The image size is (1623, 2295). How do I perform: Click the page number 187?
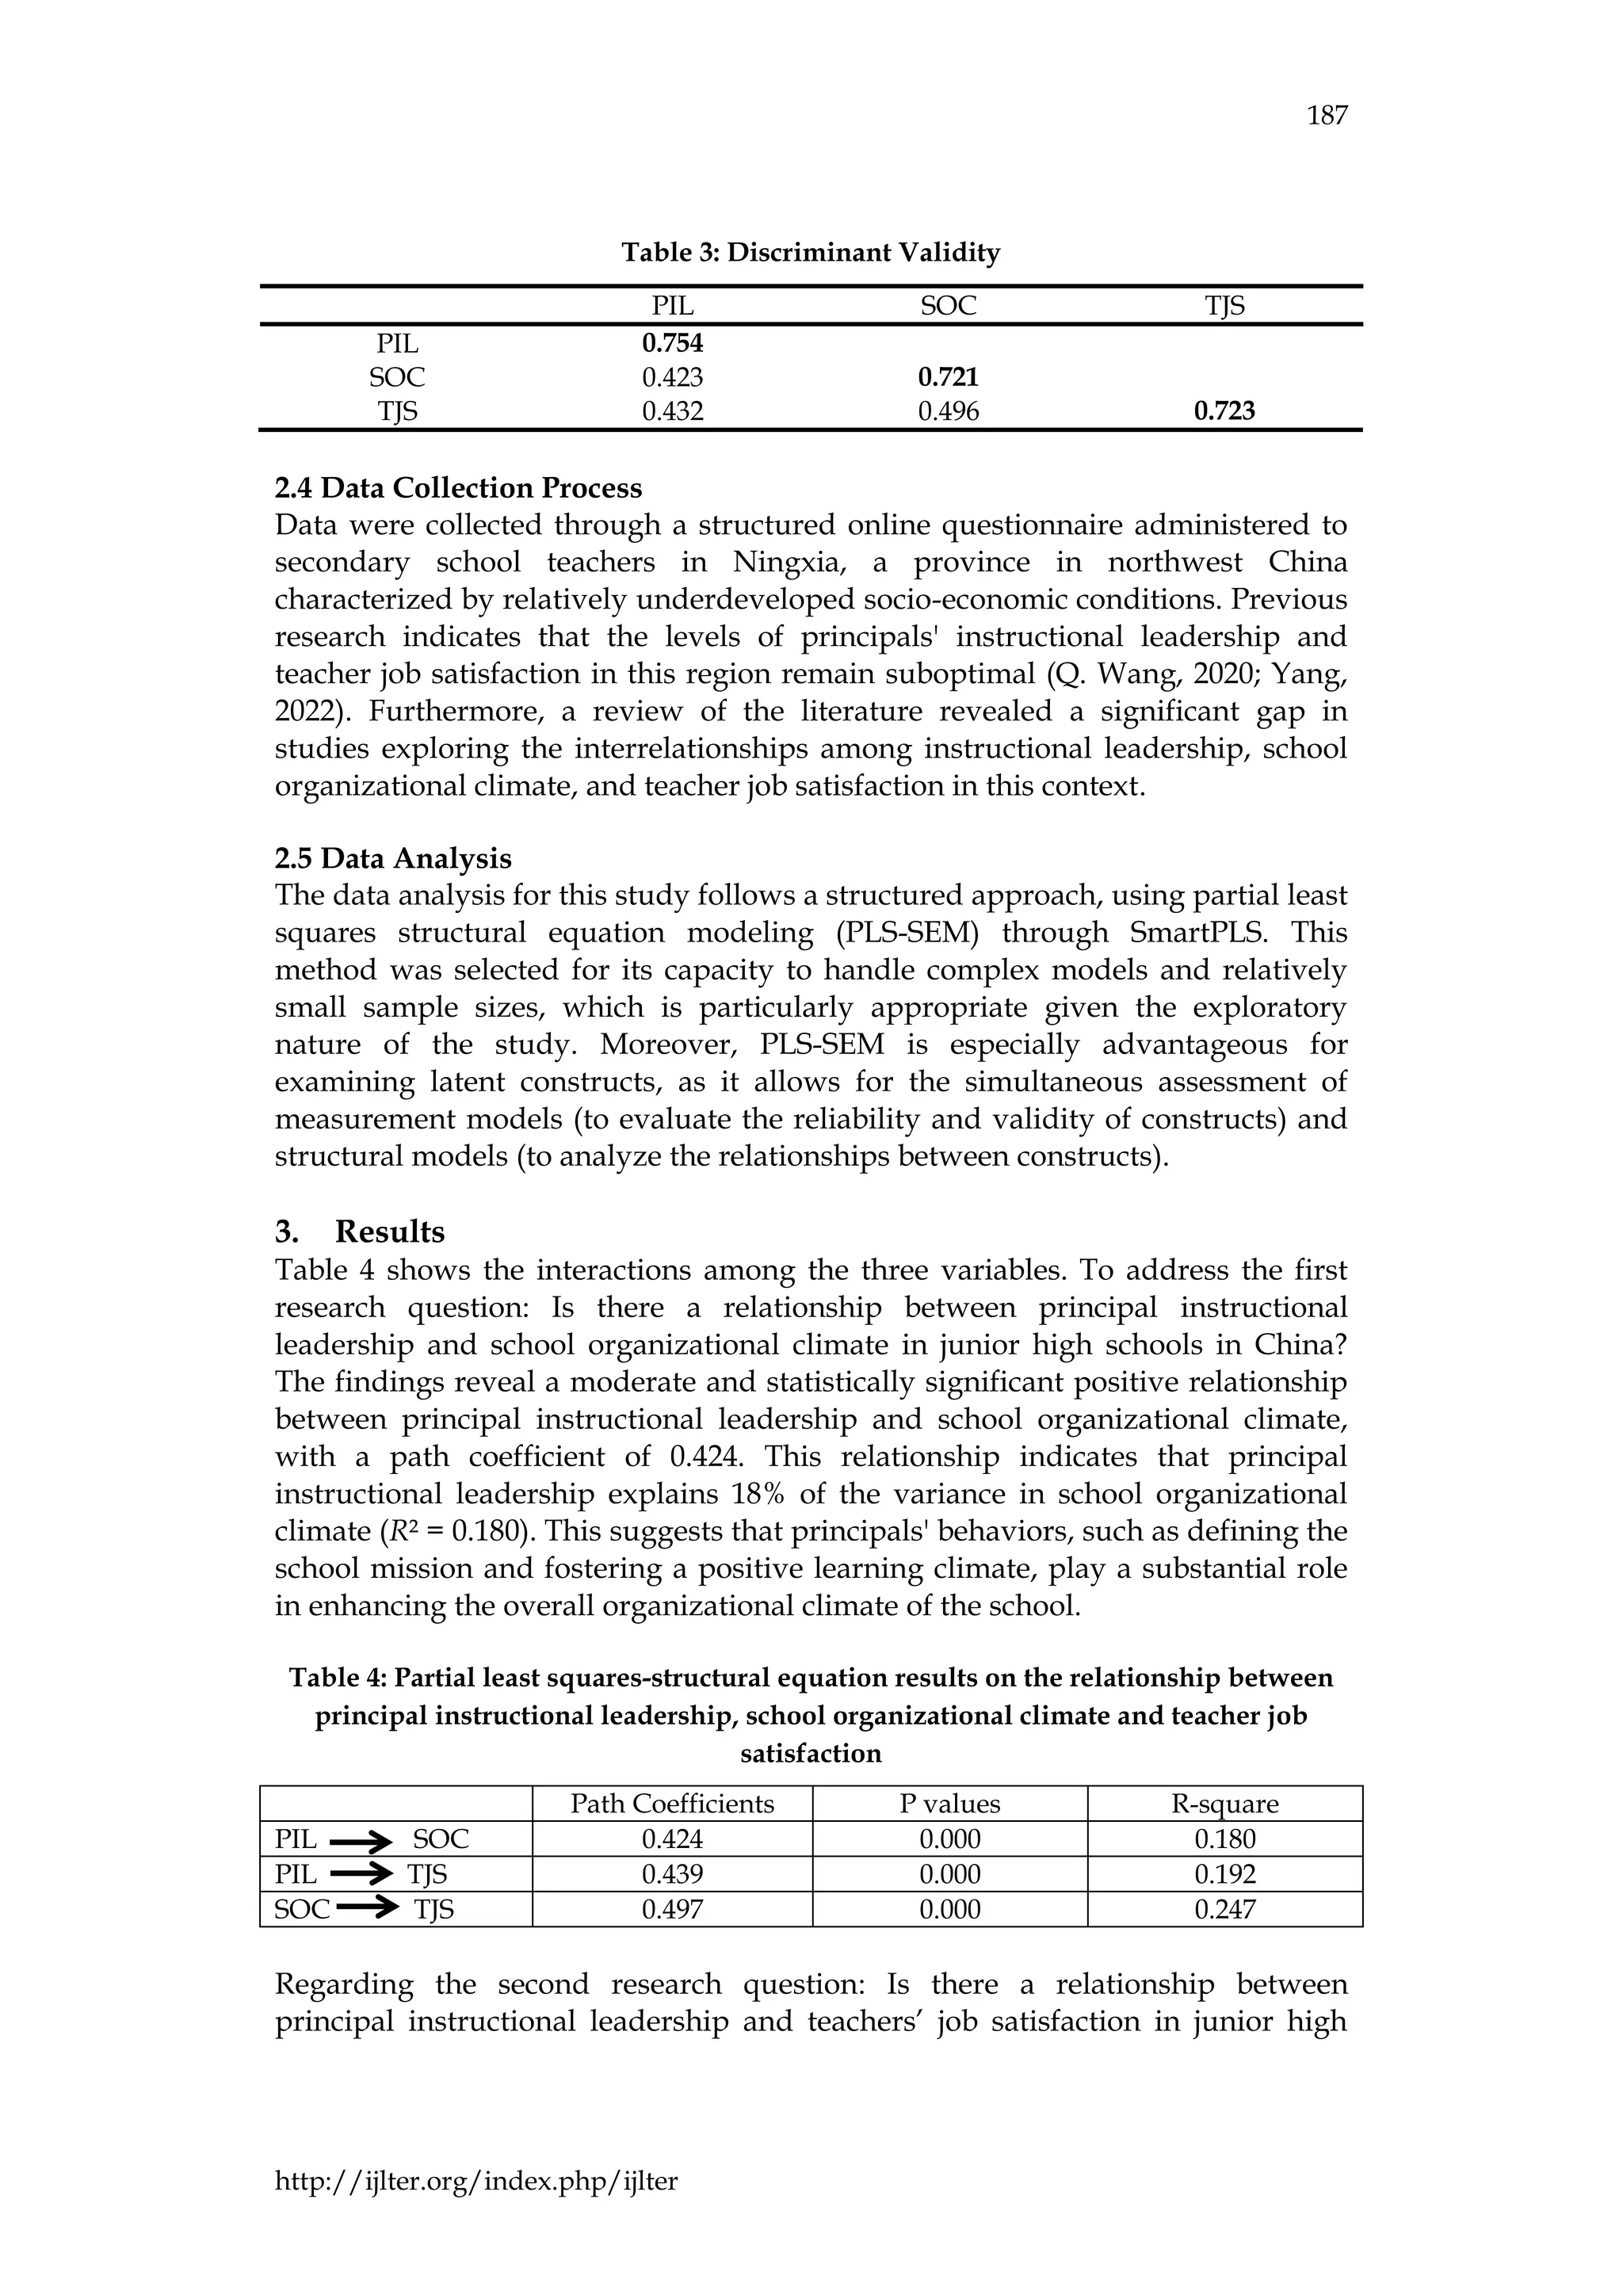pyautogui.click(x=1327, y=116)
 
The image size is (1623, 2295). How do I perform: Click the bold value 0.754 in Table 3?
pyautogui.click(x=673, y=344)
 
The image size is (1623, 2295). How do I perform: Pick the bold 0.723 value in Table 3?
pyautogui.click(x=1224, y=411)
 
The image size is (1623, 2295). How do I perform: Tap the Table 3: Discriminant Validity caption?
pyautogui.click(x=811, y=253)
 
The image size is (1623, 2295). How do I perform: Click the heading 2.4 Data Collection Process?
pyautogui.click(x=458, y=488)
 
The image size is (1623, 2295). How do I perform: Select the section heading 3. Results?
pyautogui.click(x=360, y=1232)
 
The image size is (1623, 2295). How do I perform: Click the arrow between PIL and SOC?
pyautogui.click(x=362, y=1840)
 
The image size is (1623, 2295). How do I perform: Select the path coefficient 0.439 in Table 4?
pyautogui.click(x=673, y=1874)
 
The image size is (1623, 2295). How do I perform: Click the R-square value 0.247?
pyautogui.click(x=1224, y=1910)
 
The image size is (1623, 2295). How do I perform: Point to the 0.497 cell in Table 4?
pyautogui.click(x=673, y=1910)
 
